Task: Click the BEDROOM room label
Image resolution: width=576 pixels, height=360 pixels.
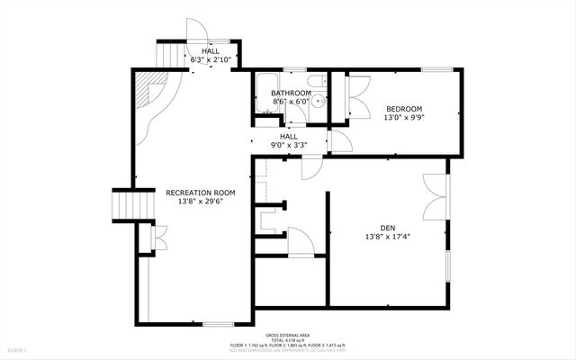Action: [x=404, y=109]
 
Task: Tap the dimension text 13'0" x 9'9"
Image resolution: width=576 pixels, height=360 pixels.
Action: [x=404, y=118]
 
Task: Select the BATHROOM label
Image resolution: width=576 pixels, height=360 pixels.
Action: [x=291, y=93]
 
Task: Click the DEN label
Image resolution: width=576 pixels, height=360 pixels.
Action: [x=388, y=227]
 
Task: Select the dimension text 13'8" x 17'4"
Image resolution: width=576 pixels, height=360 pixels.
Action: [x=388, y=237]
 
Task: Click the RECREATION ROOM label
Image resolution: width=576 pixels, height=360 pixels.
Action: [x=200, y=192]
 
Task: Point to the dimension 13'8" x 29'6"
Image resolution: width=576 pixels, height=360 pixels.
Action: [x=200, y=202]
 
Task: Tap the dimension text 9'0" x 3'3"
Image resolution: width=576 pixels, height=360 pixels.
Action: [x=288, y=145]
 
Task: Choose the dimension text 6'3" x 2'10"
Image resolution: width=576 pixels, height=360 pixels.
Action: [x=211, y=60]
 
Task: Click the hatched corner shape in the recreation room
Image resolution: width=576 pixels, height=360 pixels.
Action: [x=144, y=91]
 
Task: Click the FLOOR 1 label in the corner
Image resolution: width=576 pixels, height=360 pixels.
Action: [x=18, y=349]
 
